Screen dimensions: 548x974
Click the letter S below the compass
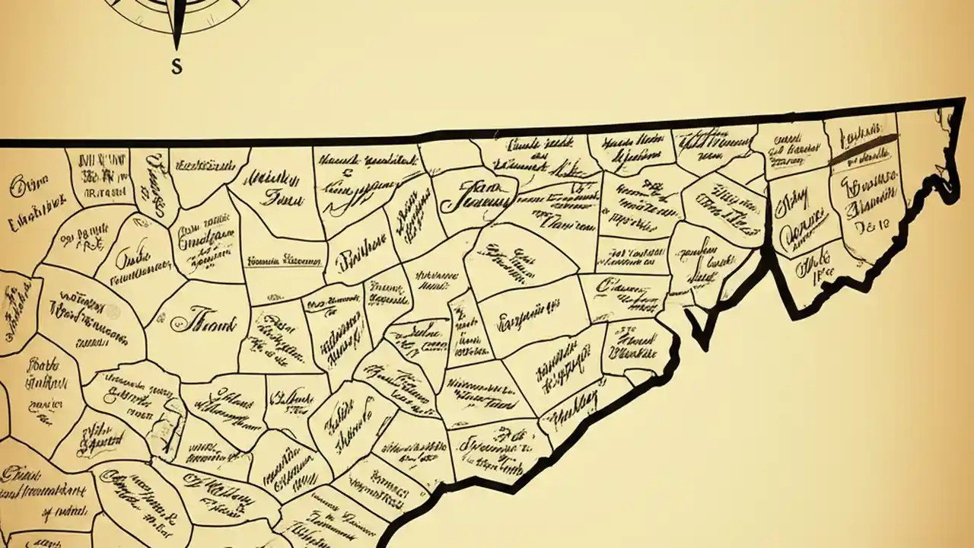coord(177,67)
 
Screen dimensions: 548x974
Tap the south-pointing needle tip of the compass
coord(177,46)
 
